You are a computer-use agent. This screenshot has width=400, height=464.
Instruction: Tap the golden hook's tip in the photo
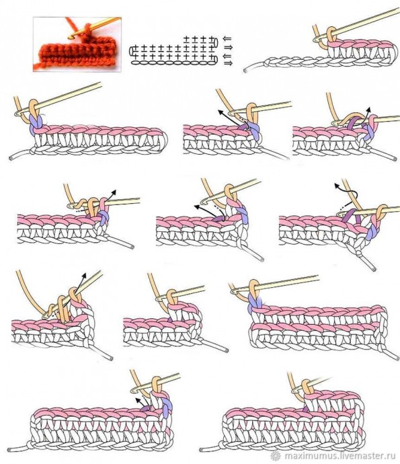(x=70, y=37)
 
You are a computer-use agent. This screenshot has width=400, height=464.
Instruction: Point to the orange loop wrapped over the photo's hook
(x=87, y=31)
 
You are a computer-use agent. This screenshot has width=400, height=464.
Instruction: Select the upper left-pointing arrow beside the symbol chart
(x=227, y=39)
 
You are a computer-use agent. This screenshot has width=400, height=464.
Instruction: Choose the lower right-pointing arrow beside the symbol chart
(x=228, y=63)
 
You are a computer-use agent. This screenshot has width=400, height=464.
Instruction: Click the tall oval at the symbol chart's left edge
(x=131, y=51)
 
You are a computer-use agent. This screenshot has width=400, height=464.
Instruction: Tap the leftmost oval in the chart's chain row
(x=135, y=63)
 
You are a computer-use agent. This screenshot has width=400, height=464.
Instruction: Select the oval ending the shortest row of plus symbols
(x=215, y=42)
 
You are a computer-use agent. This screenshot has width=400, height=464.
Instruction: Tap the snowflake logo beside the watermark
(x=276, y=455)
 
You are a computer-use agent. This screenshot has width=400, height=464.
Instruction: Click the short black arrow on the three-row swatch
(x=139, y=402)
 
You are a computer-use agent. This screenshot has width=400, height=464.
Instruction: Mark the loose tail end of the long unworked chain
(x=245, y=71)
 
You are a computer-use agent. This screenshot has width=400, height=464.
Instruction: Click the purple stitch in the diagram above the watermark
(x=305, y=408)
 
